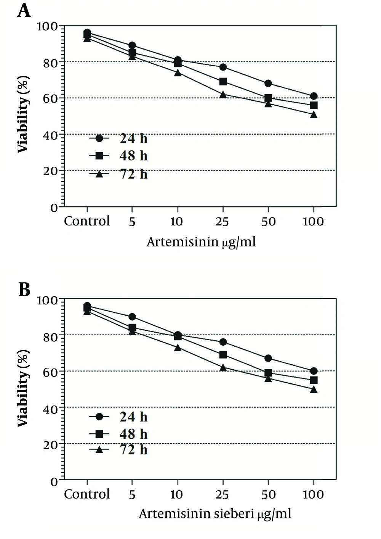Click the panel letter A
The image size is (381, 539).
click(24, 10)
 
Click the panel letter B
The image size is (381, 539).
click(24, 290)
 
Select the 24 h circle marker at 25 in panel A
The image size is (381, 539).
click(223, 67)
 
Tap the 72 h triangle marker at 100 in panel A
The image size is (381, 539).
click(314, 114)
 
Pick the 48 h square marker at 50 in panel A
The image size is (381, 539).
click(268, 98)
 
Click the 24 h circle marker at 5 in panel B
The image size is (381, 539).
click(132, 317)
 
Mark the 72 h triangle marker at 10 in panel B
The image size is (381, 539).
click(178, 348)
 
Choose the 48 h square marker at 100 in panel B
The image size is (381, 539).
click(314, 380)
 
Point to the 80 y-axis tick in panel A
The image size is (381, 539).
click(50, 62)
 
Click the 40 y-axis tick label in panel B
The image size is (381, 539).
click(50, 409)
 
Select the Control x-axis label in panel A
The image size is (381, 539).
click(87, 221)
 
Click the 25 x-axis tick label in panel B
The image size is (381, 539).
click(223, 495)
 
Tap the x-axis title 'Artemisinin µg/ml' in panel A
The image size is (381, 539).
click(201, 242)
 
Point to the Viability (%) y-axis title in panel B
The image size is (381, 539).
click(23, 388)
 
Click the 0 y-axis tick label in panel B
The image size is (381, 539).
click(54, 481)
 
